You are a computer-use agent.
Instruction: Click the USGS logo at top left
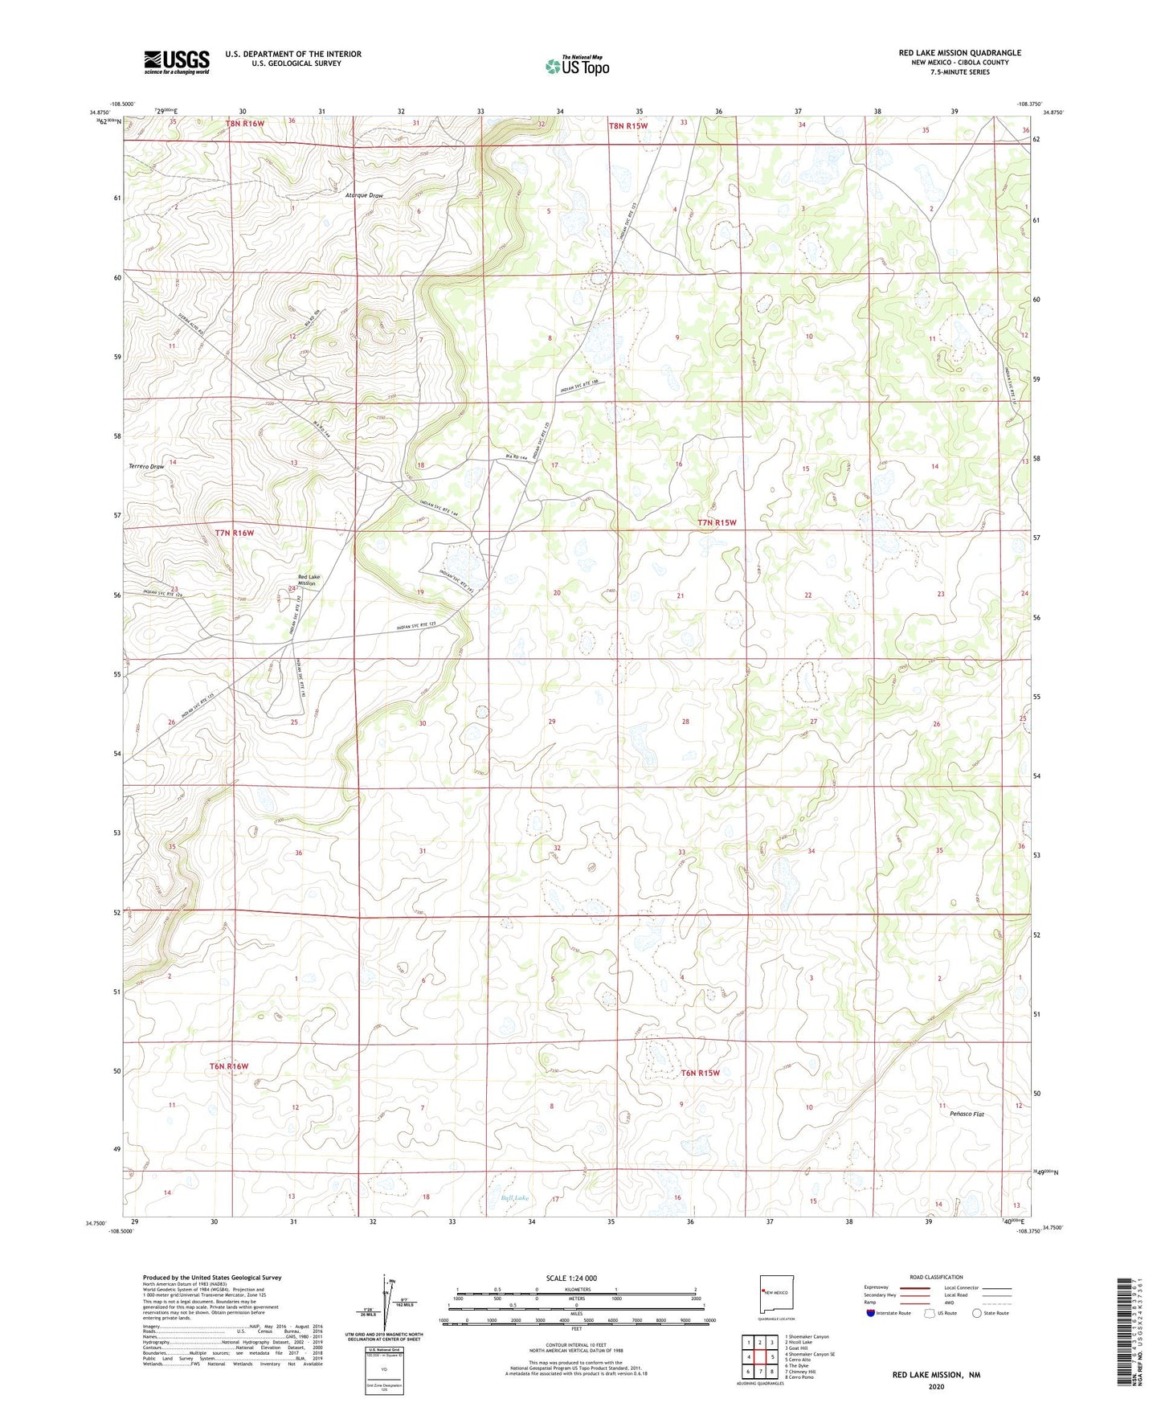coord(177,61)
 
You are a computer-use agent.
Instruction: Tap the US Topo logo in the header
coord(577,66)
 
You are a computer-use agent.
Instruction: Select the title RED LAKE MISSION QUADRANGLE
coord(959,53)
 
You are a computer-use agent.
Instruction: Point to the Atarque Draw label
coord(364,195)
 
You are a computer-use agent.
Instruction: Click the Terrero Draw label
coord(146,466)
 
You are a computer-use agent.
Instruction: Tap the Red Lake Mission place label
coord(309,579)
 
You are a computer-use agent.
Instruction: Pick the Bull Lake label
coord(515,1198)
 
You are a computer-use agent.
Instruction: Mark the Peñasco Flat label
coord(966,1115)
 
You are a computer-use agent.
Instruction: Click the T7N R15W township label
coord(717,522)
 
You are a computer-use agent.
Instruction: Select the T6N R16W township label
coord(229,1066)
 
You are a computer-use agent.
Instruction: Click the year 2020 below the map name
coord(935,1386)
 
